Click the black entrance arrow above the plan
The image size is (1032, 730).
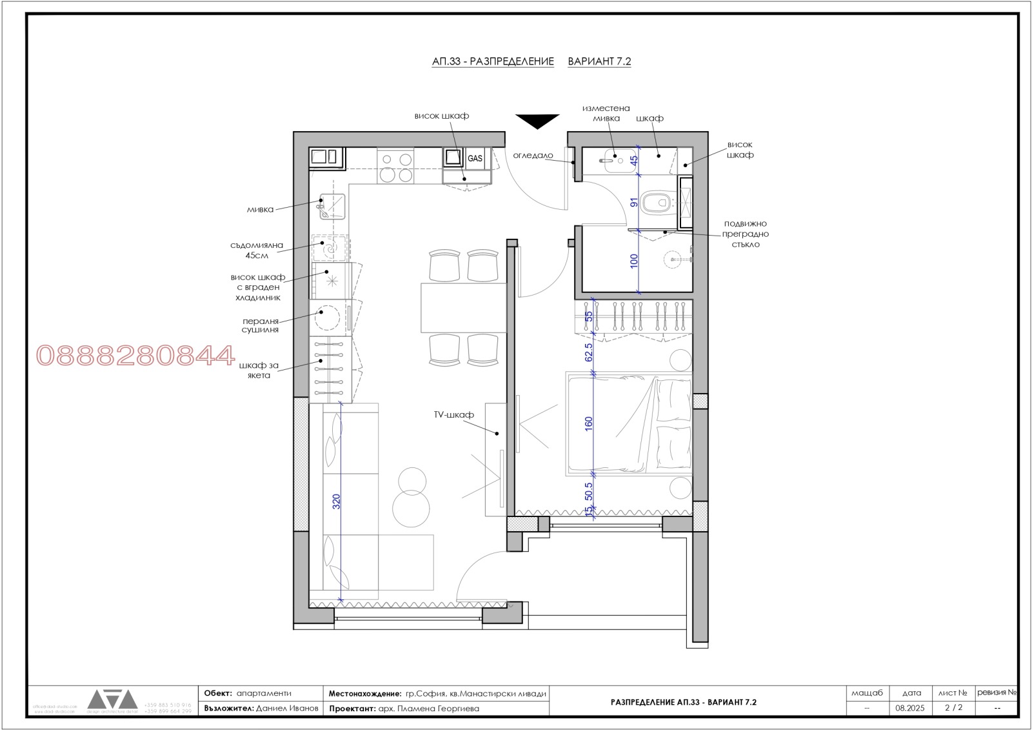(x=537, y=121)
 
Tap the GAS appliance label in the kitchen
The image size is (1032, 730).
(x=475, y=158)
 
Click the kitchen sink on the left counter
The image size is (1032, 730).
(x=332, y=207)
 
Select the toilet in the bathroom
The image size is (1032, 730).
(x=657, y=202)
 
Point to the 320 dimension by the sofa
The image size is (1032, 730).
(x=336, y=502)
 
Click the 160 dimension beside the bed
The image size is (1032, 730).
(x=588, y=423)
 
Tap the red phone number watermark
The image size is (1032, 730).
(x=135, y=356)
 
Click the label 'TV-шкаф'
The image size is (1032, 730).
(x=453, y=414)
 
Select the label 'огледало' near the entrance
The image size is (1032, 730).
(x=533, y=156)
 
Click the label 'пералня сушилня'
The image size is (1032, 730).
(x=261, y=325)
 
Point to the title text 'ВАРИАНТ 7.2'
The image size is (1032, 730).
(x=599, y=61)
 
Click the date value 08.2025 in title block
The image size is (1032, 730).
(x=909, y=708)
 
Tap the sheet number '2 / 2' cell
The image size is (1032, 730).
(x=953, y=707)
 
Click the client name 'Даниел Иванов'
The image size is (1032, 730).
(x=287, y=708)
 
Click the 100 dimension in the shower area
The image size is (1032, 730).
(x=634, y=261)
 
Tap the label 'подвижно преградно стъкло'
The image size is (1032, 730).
(x=745, y=234)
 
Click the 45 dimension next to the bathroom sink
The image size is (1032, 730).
(x=634, y=159)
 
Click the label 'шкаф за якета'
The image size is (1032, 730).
(x=259, y=370)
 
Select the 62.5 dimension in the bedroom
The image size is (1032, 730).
(x=588, y=352)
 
